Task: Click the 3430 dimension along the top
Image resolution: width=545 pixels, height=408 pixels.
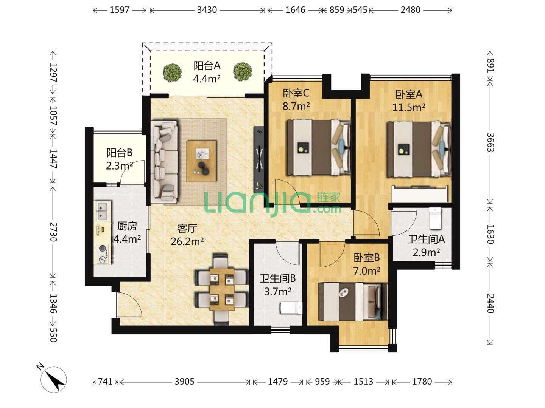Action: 207,10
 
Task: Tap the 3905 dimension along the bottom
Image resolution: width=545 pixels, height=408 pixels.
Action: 184,382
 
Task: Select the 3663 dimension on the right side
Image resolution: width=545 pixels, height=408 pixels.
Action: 490,142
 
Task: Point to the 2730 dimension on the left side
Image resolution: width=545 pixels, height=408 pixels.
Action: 53,232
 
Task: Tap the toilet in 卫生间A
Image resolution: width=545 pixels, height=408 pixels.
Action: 435,218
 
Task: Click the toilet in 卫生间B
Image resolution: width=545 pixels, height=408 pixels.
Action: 291,308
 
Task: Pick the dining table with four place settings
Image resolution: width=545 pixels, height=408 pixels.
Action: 222,289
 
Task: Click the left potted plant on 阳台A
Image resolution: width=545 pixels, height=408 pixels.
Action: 172,72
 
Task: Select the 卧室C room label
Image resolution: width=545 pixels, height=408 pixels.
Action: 296,93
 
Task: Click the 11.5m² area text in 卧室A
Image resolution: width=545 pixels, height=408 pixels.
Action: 409,107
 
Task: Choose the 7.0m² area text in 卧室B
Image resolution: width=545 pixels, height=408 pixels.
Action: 367,271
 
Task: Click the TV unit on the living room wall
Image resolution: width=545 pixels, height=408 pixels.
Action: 258,159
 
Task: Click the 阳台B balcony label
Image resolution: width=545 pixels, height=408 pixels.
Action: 120,153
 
